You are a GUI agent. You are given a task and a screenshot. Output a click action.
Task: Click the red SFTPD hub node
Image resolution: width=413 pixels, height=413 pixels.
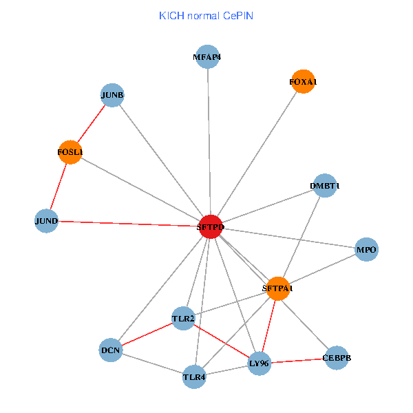click(x=210, y=226)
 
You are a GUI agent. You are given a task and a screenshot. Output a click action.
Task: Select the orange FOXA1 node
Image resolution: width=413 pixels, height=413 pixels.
click(x=303, y=82)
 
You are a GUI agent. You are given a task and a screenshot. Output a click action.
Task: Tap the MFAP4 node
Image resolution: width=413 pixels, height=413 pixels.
click(x=207, y=57)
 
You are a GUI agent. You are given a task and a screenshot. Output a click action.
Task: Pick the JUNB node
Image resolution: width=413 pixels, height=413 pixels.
click(x=112, y=95)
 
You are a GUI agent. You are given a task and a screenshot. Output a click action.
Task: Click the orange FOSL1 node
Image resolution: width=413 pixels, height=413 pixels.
click(x=70, y=152)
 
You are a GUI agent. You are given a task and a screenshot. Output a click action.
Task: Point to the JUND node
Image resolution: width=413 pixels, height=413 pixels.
click(x=46, y=221)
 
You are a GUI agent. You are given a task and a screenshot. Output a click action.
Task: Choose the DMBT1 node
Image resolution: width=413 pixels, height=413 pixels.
click(x=324, y=186)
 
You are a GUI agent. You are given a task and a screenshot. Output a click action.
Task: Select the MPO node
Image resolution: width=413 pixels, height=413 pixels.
click(x=366, y=250)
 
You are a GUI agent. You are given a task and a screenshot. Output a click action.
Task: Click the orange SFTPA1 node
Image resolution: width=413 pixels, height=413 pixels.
click(x=277, y=288)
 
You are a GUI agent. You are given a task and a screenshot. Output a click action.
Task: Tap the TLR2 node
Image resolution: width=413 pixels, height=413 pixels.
click(x=183, y=318)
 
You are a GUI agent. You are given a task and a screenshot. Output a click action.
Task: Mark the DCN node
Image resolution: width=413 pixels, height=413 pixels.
click(x=110, y=350)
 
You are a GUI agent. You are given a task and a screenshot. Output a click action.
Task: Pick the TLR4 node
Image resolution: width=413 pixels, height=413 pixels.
click(x=194, y=377)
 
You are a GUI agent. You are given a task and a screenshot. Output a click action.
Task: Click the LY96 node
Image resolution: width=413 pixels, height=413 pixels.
click(x=259, y=363)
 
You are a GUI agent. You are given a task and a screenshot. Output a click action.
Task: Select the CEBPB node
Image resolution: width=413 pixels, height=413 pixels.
click(x=336, y=358)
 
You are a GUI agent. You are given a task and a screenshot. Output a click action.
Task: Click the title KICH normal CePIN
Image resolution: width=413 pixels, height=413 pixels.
click(x=206, y=15)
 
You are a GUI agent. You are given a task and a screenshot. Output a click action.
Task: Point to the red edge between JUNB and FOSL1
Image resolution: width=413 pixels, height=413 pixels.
click(x=92, y=123)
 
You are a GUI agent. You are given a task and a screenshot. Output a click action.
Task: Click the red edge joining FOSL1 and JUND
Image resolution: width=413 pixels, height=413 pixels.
click(x=59, y=187)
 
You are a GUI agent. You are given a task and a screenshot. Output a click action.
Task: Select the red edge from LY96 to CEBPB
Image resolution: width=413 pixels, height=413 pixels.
click(x=297, y=360)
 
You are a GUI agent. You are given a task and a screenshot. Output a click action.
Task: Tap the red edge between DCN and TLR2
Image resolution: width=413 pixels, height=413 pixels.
click(x=147, y=334)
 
